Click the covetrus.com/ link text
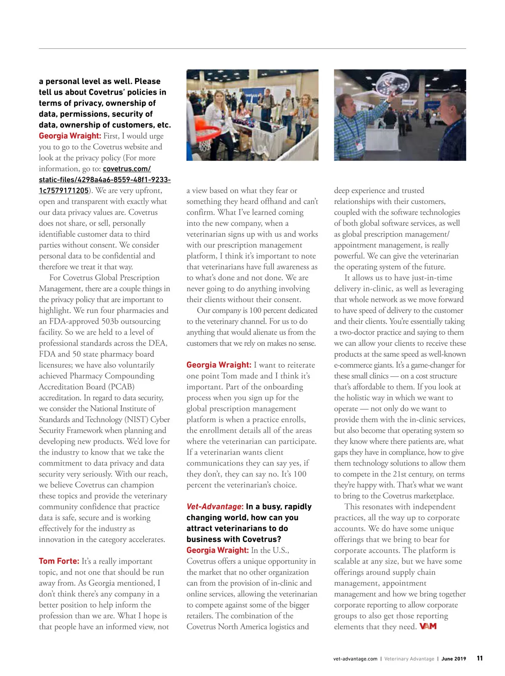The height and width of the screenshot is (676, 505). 127,169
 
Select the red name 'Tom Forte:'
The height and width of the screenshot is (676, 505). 59,561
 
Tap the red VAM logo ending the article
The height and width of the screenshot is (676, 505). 428,626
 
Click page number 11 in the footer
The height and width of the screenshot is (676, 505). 480,659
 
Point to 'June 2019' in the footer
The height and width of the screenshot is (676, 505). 454,659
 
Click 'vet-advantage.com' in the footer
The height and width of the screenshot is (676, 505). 355,659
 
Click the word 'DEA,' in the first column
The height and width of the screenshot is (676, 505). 157,343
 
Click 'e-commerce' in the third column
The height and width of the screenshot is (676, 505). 353,365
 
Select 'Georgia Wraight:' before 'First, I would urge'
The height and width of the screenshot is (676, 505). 70,136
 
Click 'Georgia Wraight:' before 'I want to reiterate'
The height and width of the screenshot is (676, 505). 219,365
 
